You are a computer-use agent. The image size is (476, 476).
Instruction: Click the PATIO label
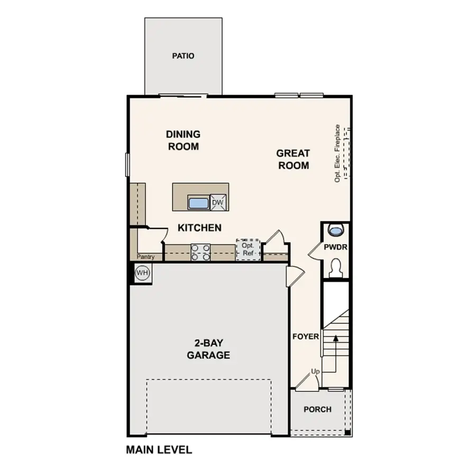point(183,56)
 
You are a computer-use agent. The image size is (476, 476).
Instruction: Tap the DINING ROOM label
point(183,140)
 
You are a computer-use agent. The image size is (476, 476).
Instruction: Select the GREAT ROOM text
point(293,159)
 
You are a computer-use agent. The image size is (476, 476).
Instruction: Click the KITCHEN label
point(199,228)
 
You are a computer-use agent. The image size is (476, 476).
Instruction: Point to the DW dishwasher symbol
point(217,203)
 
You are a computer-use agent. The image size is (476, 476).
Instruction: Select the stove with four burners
point(200,252)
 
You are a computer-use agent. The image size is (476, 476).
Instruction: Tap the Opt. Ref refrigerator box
point(248,249)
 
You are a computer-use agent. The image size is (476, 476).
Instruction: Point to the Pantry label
point(145,257)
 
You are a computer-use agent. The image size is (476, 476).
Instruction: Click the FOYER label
point(306,336)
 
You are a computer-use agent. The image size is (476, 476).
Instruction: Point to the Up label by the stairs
point(315,371)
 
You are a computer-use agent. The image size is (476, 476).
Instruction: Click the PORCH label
point(317,409)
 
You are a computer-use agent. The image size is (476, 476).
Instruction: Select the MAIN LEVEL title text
point(159,450)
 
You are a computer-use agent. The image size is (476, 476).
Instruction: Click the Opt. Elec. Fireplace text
point(336,153)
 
